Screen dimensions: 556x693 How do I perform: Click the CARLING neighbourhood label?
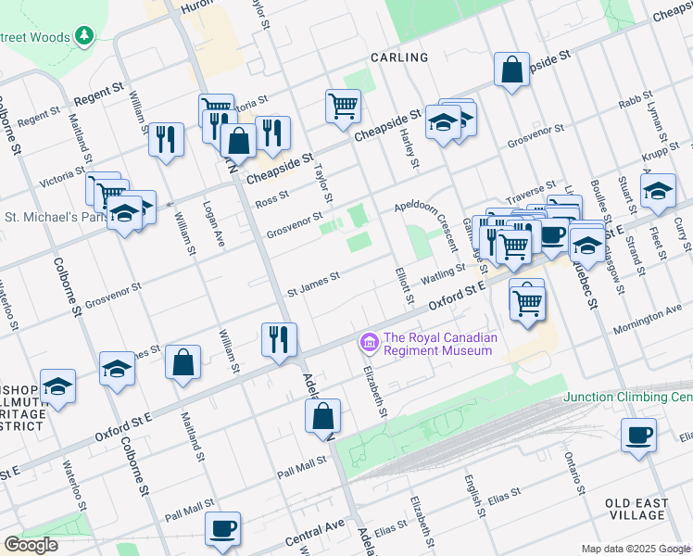click(x=399, y=57)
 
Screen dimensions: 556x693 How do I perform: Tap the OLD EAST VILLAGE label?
click(x=637, y=509)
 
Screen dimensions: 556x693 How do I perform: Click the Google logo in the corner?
click(x=30, y=545)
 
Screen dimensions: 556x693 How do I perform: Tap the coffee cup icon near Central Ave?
click(x=222, y=528)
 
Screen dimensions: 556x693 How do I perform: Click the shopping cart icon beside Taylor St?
click(x=343, y=105)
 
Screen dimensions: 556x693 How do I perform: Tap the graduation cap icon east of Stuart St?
click(x=658, y=191)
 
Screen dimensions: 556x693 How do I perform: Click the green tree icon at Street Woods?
click(x=84, y=35)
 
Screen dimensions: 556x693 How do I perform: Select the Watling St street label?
click(x=444, y=272)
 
